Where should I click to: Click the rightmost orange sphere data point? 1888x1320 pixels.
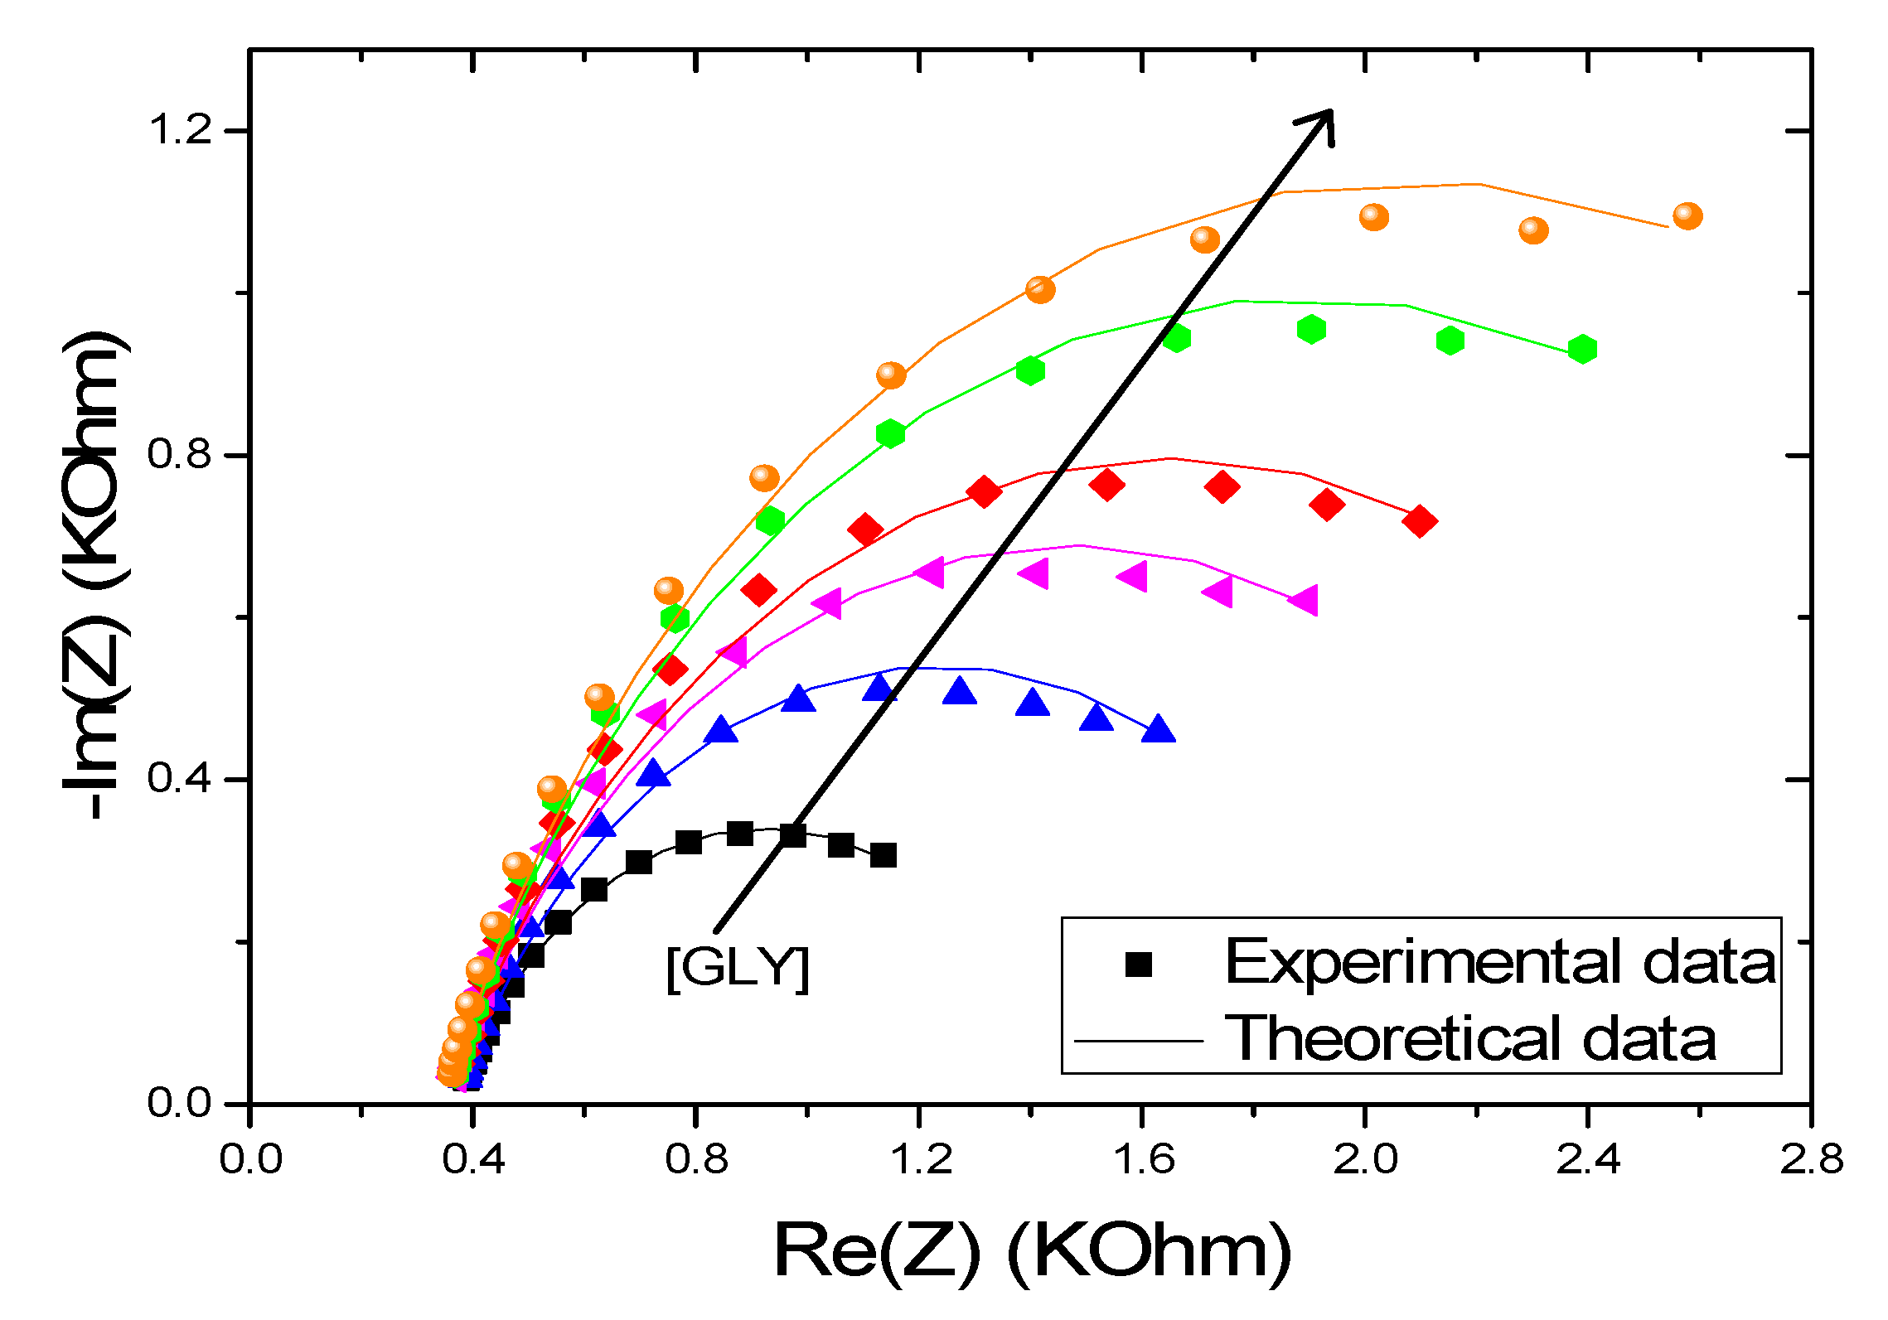1687,216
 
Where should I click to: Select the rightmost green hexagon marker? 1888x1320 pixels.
1582,349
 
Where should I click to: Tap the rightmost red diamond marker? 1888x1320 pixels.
1420,521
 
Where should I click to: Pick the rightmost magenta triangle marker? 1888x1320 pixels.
1305,600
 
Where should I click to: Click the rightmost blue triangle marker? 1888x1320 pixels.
1158,730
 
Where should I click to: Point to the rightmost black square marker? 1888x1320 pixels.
883,855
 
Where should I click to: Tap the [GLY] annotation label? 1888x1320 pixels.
737,967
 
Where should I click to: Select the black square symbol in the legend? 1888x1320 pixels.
1139,964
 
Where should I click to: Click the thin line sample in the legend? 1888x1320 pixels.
1138,1040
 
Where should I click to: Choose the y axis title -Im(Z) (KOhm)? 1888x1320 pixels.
95,576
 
